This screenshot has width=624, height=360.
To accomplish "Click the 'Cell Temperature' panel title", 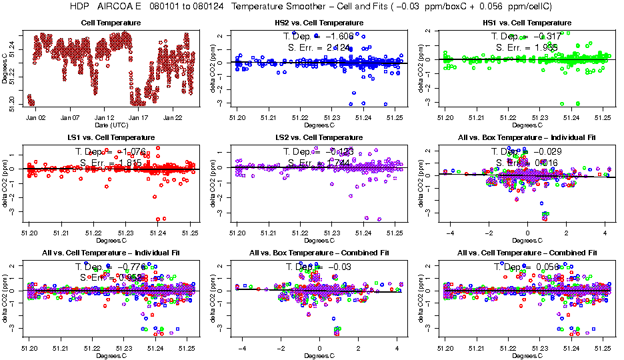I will click(x=111, y=23).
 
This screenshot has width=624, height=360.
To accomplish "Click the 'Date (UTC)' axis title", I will click(x=111, y=125).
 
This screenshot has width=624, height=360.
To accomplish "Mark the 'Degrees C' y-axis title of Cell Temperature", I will click(x=5, y=69).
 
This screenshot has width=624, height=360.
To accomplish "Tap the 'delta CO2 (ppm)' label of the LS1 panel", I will click(x=5, y=185).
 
